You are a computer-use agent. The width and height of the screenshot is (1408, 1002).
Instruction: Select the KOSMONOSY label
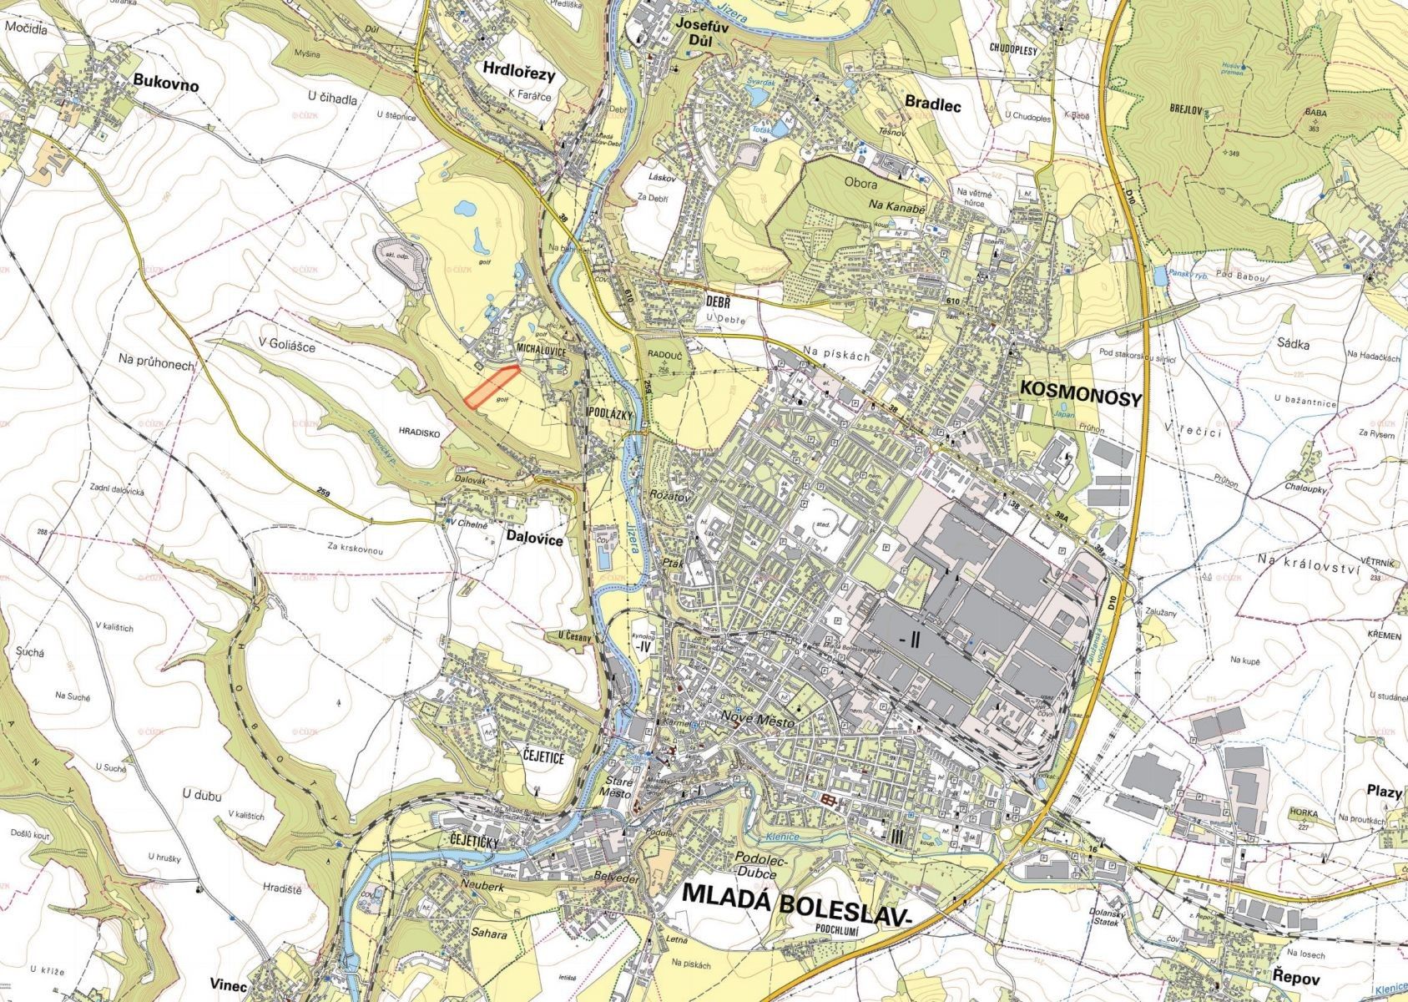[1079, 398]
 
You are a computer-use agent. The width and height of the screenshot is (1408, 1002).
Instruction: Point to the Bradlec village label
[933, 105]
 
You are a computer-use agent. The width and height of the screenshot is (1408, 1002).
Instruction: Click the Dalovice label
[534, 540]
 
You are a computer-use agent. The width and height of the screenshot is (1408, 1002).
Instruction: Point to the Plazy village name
[1384, 791]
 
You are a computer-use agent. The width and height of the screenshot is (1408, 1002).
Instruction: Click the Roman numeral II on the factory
[911, 639]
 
